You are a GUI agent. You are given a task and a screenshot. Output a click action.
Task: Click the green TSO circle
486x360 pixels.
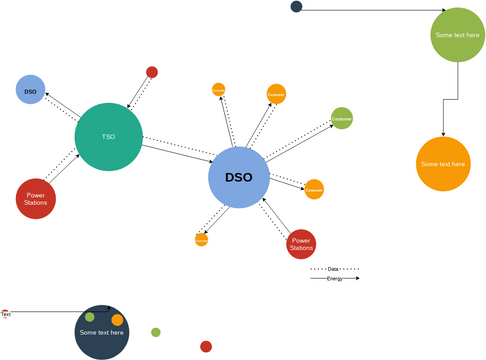point(108,137)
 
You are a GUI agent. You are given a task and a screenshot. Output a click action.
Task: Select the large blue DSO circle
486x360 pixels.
point(239,178)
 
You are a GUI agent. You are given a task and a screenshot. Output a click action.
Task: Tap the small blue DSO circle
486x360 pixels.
point(30,90)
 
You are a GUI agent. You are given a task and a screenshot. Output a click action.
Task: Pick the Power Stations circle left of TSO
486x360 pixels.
point(36,197)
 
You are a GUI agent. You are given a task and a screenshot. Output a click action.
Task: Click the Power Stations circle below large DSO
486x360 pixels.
point(301,244)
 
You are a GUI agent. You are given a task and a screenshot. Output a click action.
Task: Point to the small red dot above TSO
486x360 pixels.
point(152,72)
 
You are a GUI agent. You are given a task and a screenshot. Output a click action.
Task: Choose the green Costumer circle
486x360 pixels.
point(342,118)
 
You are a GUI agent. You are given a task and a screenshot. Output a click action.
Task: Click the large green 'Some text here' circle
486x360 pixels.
point(458,35)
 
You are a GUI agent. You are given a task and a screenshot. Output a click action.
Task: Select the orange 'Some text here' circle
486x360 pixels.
point(443,164)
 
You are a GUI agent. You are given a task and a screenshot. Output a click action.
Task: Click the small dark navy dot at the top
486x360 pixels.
point(297,7)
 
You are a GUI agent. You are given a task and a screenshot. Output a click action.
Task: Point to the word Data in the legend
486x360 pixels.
point(334,269)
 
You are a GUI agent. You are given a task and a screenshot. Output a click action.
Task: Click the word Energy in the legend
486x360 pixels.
point(334,279)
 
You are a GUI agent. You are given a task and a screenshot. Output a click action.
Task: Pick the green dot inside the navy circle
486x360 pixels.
point(89,317)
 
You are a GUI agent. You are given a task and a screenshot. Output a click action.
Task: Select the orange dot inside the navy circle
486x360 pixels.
point(117,320)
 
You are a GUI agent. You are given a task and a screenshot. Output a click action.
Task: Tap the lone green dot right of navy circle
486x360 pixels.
point(156,332)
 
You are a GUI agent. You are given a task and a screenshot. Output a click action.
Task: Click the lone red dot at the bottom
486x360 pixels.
point(206,347)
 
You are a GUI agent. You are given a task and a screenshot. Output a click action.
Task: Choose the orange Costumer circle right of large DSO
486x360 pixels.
point(314,188)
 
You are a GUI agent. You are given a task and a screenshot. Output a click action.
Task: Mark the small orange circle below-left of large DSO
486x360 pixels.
point(201,240)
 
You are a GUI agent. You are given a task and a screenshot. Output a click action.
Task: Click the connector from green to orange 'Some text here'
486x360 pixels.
point(457,98)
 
